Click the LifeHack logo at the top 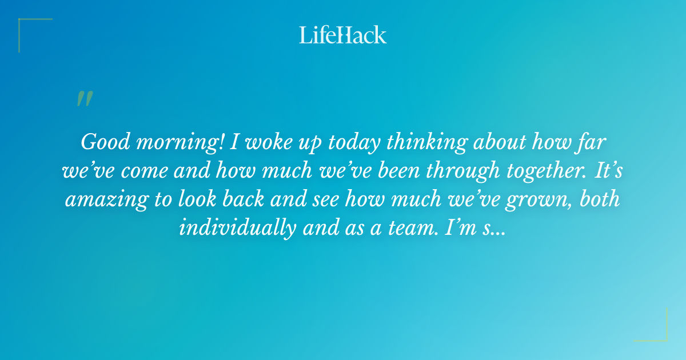coord(343,35)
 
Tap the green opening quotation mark coord(84,99)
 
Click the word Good coord(105,142)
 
